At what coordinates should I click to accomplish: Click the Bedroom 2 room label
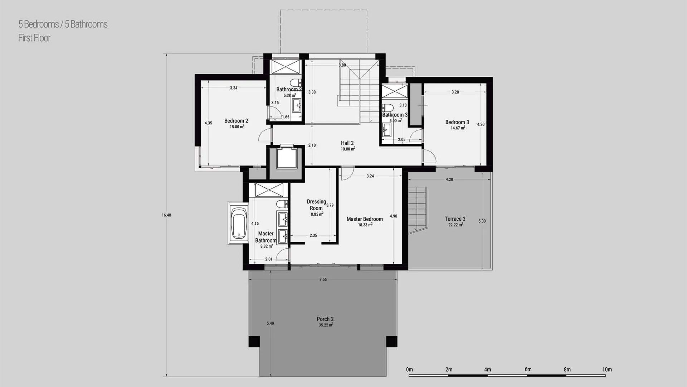coord(236,121)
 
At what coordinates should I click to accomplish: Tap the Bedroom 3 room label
coord(457,122)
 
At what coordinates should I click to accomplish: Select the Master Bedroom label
coord(365,219)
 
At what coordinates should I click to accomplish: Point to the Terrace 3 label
coord(455,219)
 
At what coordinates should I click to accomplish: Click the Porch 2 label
coord(325,319)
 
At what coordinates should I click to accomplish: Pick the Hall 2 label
coord(347,143)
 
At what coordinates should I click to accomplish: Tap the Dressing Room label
coord(316,205)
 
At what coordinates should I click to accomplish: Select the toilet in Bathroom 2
coord(296,82)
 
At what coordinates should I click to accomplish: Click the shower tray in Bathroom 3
coord(394,91)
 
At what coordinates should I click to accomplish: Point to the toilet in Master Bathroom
coord(282,204)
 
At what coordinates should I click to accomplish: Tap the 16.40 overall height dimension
coord(166,215)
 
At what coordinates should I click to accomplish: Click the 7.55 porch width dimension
coord(323,279)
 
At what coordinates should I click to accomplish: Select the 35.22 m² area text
coord(326,325)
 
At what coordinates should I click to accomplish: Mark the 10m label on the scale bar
coord(607,369)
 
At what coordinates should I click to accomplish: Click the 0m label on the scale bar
coord(409,369)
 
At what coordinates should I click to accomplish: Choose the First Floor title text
coord(34,38)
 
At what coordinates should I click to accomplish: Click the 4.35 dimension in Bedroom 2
coord(208,123)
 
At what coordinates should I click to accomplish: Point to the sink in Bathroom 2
coord(297,105)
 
